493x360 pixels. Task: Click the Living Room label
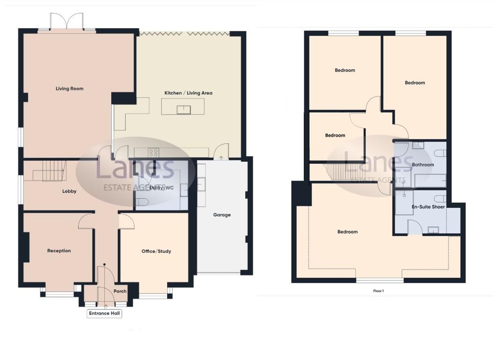[69, 89]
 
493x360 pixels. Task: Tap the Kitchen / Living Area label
[188, 93]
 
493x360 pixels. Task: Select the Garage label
[222, 215]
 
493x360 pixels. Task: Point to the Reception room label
[59, 251]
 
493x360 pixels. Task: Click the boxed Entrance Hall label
[104, 314]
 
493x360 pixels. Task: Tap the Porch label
[120, 291]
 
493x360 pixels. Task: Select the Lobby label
[69, 191]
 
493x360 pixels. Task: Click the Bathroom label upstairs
[423, 165]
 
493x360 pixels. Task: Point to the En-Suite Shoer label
[428, 207]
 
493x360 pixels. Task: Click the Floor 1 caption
[378, 291]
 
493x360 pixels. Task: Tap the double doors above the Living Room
[67, 22]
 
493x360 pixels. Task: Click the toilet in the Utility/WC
[142, 202]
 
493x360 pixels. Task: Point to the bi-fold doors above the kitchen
[184, 33]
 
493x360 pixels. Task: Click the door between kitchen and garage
[223, 151]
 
